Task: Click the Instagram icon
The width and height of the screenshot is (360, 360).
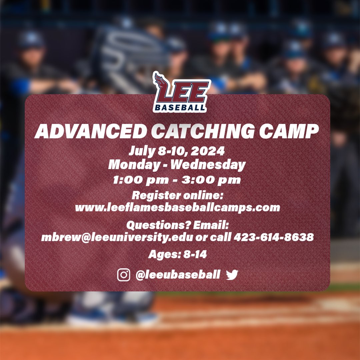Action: pos(124,275)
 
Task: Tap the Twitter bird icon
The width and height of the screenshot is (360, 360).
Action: pos(232,275)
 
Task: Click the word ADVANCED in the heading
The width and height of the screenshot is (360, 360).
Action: pos(91,132)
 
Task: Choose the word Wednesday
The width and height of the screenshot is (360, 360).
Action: pos(214,165)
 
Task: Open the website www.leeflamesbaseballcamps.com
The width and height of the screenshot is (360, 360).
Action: pos(177,208)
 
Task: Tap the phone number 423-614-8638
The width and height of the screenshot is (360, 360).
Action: pos(273,237)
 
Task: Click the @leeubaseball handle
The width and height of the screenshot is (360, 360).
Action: pos(178,275)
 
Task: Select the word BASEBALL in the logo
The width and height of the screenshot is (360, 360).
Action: pos(180,107)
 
